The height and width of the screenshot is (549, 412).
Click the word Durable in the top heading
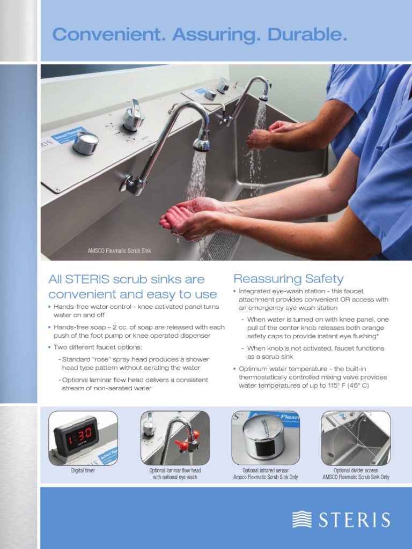click(307, 34)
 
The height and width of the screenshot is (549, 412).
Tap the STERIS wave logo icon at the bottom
click(301, 519)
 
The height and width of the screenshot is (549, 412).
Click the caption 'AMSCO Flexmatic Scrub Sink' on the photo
click(119, 251)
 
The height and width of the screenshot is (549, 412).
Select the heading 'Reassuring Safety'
click(288, 279)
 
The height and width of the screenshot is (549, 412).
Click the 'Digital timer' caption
click(83, 470)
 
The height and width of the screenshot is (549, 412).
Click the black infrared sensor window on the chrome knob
click(263, 449)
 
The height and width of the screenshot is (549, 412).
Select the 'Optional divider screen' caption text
click(356, 470)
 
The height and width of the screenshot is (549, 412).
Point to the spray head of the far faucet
click(263, 96)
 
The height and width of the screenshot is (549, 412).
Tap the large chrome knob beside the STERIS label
click(85, 143)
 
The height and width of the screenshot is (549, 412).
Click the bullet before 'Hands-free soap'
click(49, 328)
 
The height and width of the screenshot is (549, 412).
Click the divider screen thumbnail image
click(356, 438)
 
